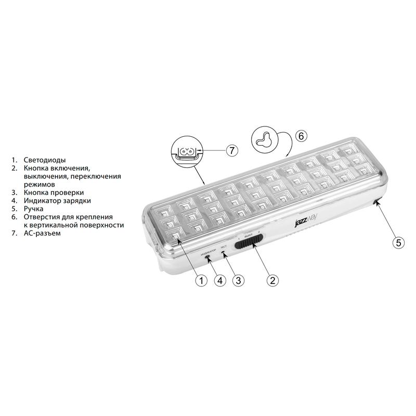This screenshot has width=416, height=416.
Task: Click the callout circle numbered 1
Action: point(201,280)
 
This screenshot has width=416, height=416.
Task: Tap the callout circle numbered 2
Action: point(271,280)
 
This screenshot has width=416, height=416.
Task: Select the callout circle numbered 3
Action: point(238,280)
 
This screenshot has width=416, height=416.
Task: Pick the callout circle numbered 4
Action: point(219,280)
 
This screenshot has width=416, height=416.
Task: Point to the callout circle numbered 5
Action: point(397,242)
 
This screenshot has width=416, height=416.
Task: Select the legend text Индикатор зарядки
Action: point(58,201)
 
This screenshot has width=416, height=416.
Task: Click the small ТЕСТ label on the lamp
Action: point(224,247)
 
